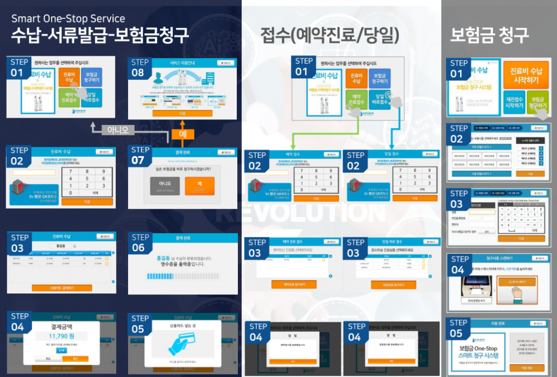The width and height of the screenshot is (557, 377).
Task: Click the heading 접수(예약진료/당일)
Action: (330, 36)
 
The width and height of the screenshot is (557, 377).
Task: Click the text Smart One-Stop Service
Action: (69, 20)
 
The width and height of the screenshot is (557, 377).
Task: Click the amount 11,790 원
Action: (61, 337)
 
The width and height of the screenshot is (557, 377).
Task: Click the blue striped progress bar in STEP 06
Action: (175, 276)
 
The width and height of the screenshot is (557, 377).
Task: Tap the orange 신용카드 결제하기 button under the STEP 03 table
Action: (62, 288)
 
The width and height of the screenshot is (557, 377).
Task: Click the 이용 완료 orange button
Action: (526, 368)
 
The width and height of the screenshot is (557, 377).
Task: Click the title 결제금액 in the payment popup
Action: (61, 326)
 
